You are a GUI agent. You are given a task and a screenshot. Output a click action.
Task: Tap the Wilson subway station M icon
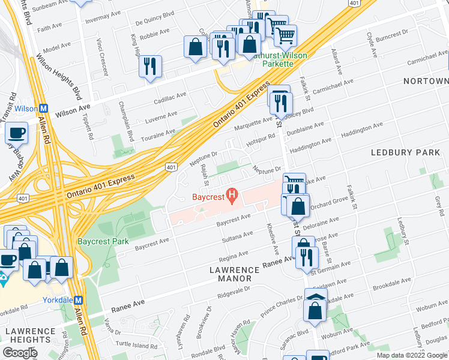pyautogui.click(x=43, y=109)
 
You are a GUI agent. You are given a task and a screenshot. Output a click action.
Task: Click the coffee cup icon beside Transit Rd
pyautogui.click(x=16, y=133)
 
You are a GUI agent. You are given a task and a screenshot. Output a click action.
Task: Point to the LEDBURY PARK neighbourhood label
pyautogui.click(x=405, y=153)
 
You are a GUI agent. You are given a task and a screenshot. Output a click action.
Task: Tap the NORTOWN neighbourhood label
pyautogui.click(x=426, y=81)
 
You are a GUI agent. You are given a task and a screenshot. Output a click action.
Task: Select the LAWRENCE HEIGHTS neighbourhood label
pyautogui.click(x=30, y=336)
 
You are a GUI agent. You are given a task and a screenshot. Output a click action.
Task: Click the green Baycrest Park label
pyautogui.click(x=103, y=242)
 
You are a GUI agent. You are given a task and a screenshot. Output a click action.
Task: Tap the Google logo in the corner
pyautogui.click(x=20, y=353)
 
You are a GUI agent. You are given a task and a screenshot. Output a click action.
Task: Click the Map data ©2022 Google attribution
pyautogui.click(x=412, y=355)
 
